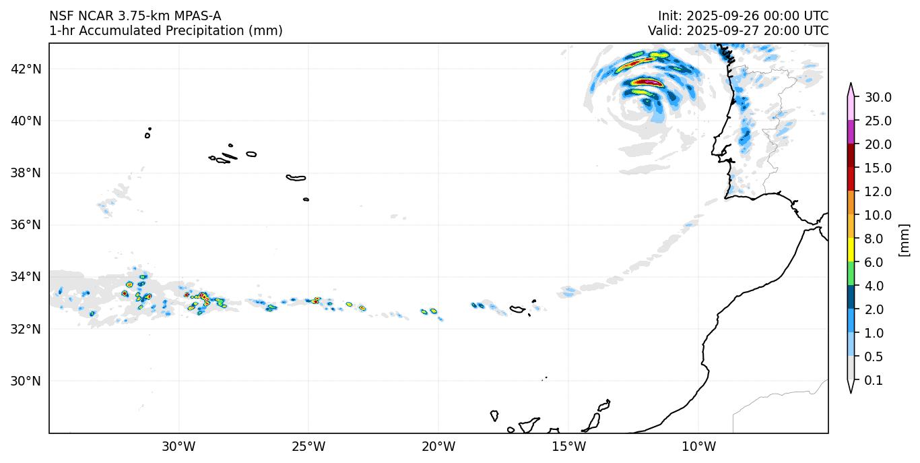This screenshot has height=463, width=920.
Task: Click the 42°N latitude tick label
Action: [x=26, y=69]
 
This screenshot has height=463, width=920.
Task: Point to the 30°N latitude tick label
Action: [x=26, y=381]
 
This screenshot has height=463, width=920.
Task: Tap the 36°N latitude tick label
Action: [x=26, y=224]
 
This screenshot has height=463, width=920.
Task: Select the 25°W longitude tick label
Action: [x=308, y=446]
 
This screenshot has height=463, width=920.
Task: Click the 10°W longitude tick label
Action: [x=698, y=446]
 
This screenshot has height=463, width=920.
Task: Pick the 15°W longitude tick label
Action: [x=568, y=446]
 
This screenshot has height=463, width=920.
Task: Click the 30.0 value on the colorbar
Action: [x=878, y=97]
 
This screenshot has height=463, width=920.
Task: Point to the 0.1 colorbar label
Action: [x=874, y=381]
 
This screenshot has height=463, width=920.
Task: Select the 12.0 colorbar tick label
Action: [x=878, y=191]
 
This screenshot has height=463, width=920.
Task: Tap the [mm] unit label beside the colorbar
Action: [x=905, y=239]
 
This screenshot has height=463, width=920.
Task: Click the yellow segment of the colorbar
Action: [x=851, y=251]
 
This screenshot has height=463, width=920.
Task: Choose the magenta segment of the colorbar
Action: [x=851, y=132]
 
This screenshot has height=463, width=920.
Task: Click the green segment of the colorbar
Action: [x=851, y=274]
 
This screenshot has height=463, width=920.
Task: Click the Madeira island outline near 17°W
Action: [x=517, y=309]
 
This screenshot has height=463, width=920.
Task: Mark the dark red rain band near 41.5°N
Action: [x=647, y=82]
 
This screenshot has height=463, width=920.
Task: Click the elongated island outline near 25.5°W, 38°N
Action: [x=296, y=178]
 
